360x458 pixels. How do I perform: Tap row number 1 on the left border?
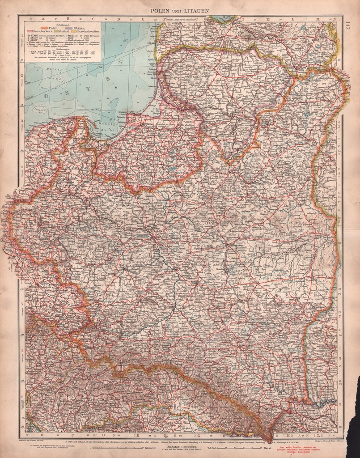pyautogui.click(x=21, y=35)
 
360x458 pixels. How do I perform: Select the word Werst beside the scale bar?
pyautogui.click(x=267, y=448)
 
